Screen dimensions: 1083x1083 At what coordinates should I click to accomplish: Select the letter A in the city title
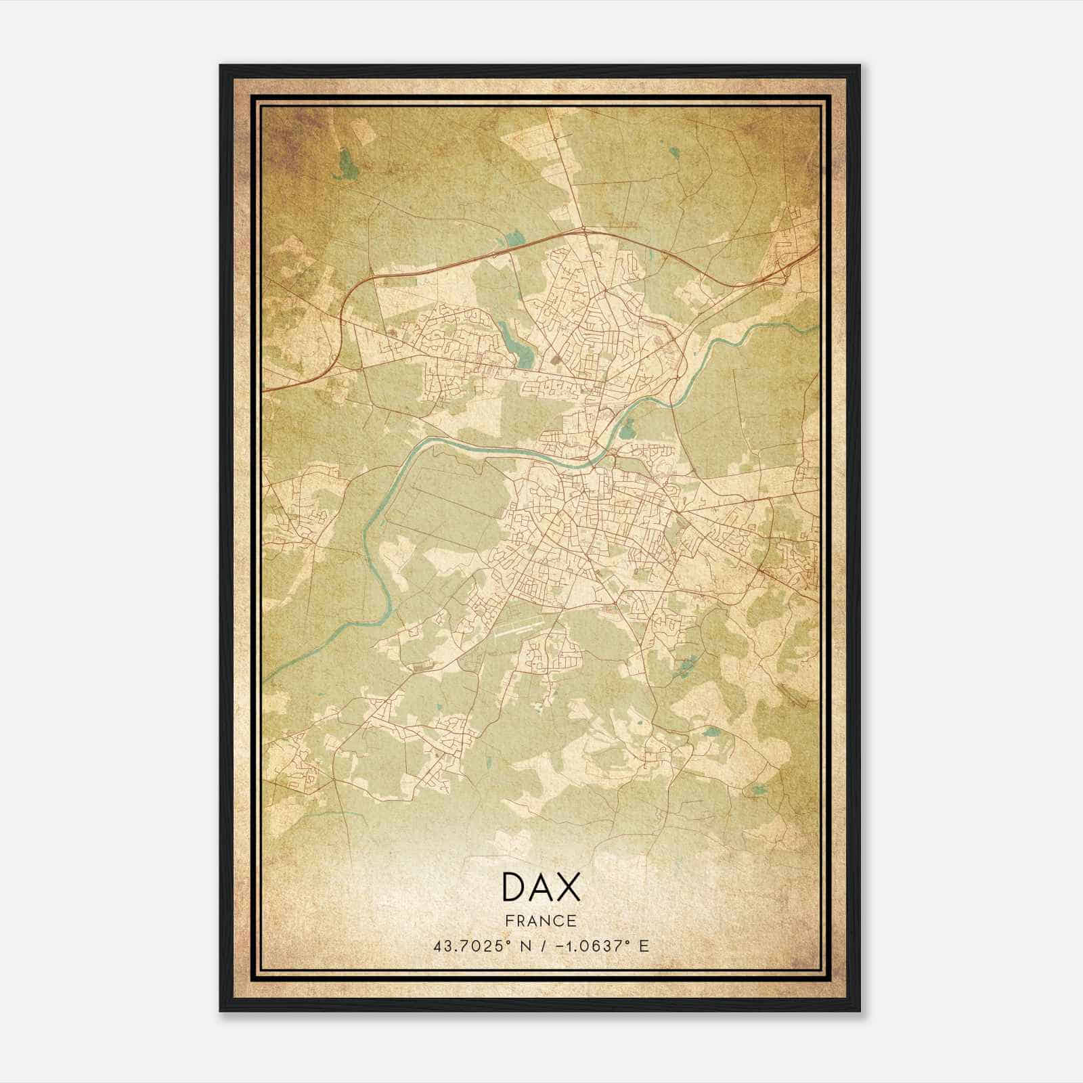pos(541,887)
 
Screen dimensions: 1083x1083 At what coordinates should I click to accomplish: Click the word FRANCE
pos(541,921)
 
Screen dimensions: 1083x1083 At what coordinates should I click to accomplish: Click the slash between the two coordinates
pos(539,946)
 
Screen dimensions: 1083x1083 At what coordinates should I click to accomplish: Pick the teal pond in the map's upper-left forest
pos(346,163)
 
